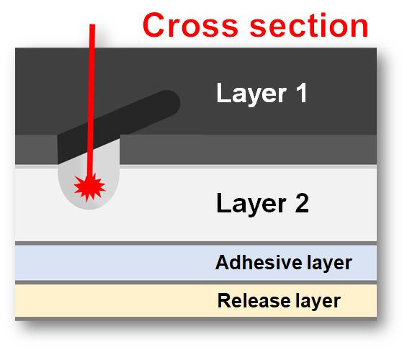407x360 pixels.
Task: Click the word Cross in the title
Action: point(190,25)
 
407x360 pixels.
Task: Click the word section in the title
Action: point(308,25)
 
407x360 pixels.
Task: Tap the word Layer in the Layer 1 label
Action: point(252,94)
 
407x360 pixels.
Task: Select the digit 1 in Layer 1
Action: point(302,92)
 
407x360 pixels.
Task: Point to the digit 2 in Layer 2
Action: point(302,203)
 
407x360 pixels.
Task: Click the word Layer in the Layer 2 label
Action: point(251,204)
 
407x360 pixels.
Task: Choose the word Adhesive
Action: point(259,263)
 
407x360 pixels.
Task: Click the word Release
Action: point(254,301)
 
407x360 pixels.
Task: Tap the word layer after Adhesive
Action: point(330,264)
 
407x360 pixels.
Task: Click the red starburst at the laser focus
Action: point(89,186)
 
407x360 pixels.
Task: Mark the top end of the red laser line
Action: point(92,24)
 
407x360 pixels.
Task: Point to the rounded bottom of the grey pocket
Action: point(89,207)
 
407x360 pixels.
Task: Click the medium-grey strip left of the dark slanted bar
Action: point(36,150)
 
